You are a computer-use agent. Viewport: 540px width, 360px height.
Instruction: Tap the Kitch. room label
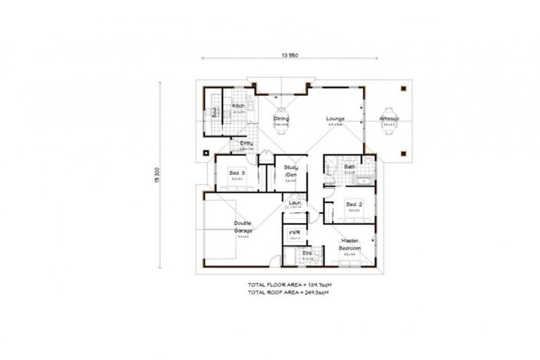tap(238, 106)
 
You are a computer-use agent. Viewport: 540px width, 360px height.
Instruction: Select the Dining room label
tap(281, 119)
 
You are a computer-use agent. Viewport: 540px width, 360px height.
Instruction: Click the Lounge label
tap(334, 119)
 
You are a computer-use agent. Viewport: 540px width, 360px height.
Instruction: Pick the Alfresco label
tap(388, 119)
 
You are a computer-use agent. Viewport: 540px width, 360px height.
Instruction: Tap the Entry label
tap(246, 143)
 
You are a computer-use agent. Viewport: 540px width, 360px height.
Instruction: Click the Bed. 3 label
tap(236, 172)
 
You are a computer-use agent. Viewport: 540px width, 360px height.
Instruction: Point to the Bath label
tap(349, 167)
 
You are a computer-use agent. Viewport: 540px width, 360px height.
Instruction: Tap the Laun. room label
tap(295, 204)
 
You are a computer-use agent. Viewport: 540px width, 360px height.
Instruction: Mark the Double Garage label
tap(243, 226)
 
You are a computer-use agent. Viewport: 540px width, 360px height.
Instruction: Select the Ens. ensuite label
tap(307, 253)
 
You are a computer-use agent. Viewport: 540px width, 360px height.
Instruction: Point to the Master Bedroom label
tap(349, 243)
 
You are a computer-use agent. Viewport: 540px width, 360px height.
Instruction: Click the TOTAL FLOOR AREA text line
tap(290, 285)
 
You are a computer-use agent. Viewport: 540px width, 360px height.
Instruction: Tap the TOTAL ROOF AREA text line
tap(290, 292)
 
